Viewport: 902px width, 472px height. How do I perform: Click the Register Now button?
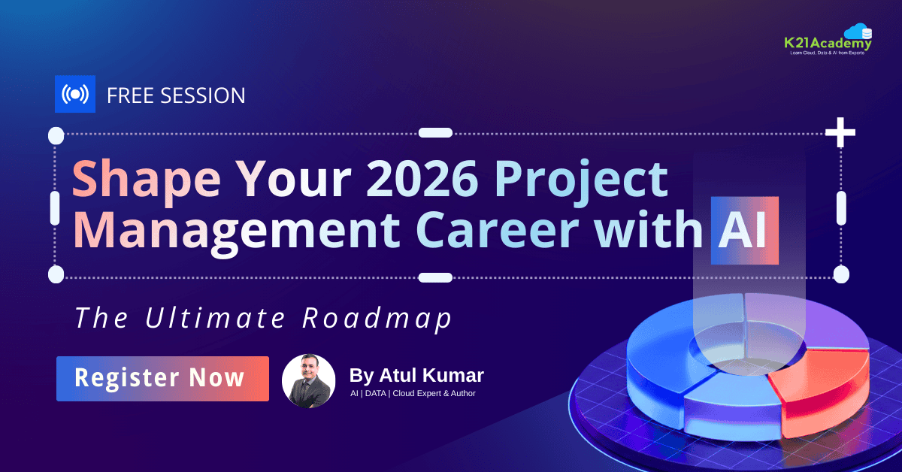(162, 379)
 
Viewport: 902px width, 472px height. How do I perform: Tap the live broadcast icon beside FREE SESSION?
(75, 94)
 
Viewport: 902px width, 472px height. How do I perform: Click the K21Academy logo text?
(828, 43)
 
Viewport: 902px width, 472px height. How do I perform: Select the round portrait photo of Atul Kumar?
(308, 381)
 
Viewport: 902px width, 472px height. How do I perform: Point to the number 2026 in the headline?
(422, 177)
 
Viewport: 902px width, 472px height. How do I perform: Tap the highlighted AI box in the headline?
(745, 230)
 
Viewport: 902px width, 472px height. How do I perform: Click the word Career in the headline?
(498, 230)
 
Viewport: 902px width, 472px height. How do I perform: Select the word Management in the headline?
(236, 234)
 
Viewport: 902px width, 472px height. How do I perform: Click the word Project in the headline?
(582, 183)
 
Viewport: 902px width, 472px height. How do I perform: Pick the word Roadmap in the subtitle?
(377, 319)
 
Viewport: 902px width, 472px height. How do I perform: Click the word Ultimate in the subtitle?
(215, 317)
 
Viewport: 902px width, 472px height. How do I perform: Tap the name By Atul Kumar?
(416, 375)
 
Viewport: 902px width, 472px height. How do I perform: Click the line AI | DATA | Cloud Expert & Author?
(413, 394)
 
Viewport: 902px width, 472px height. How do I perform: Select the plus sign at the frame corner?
(840, 132)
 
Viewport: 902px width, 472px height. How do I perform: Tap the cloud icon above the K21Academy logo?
(858, 32)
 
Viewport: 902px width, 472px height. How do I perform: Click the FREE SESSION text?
(176, 95)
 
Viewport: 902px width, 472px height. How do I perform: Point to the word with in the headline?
(649, 228)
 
